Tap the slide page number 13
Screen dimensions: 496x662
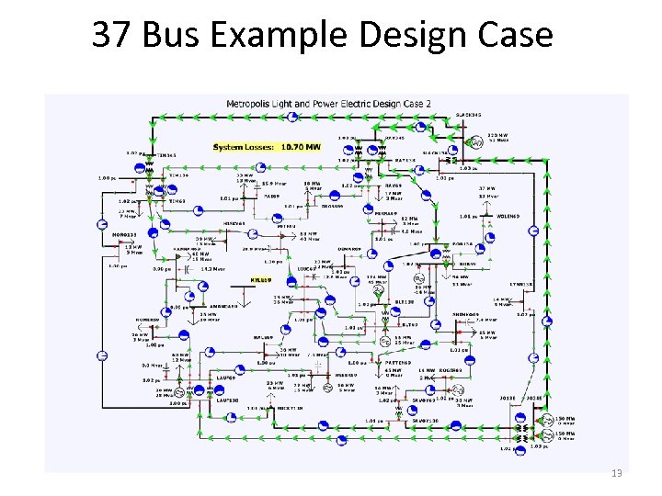click(617, 472)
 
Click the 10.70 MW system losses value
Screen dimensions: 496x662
click(302, 146)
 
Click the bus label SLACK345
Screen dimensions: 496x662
click(469, 115)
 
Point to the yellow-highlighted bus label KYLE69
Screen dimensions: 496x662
click(261, 279)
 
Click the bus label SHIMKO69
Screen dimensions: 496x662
click(464, 312)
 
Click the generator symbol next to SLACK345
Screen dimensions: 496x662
click(477, 142)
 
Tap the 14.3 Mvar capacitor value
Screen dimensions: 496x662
click(214, 269)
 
